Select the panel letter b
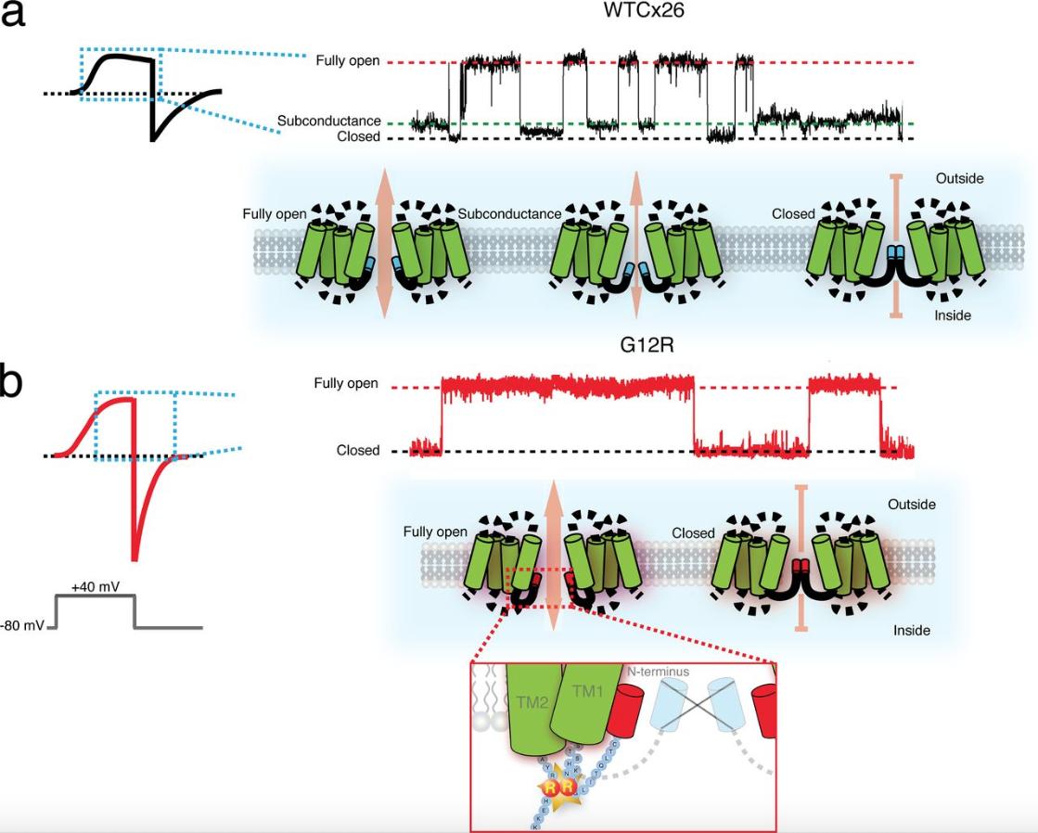(x=11, y=383)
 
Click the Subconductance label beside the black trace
(x=328, y=121)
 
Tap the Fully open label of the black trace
(x=348, y=61)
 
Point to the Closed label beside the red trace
(x=358, y=451)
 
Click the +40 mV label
(x=95, y=587)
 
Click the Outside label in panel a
(x=959, y=178)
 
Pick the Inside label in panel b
(x=912, y=631)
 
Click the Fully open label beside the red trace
(x=346, y=383)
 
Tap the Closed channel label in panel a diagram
(x=793, y=213)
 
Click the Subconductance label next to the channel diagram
(x=509, y=213)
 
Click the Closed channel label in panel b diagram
(x=693, y=533)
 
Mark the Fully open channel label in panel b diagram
(x=435, y=532)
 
